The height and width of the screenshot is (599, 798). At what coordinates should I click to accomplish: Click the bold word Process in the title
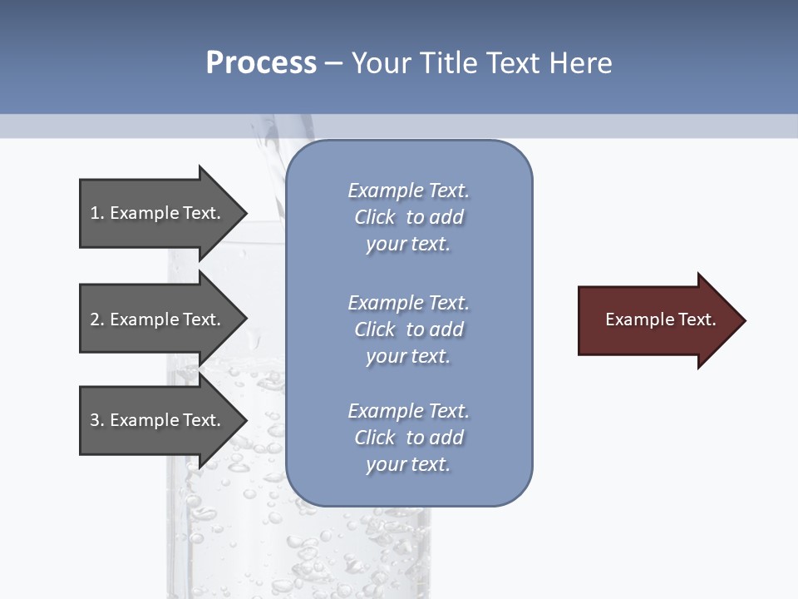click(261, 63)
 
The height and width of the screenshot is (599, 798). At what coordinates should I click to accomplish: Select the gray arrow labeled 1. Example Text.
click(158, 213)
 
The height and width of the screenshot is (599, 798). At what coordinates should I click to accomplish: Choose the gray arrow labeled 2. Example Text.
click(158, 319)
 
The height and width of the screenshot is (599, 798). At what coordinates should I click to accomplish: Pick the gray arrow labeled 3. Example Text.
click(158, 420)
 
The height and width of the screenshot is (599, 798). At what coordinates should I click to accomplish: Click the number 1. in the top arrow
click(97, 213)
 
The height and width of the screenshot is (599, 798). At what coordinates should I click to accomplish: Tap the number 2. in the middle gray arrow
click(97, 319)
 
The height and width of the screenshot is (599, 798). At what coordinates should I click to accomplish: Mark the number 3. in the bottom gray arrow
click(97, 420)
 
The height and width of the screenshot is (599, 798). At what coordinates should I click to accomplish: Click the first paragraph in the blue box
click(408, 217)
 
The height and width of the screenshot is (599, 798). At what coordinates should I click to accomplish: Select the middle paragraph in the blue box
click(408, 329)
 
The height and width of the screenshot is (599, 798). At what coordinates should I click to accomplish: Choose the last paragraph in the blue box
click(408, 438)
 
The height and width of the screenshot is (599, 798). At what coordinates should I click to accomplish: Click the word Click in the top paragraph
click(375, 217)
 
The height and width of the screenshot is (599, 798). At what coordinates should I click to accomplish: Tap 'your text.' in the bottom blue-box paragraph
click(408, 464)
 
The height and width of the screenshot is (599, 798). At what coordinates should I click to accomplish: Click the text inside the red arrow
click(660, 319)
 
